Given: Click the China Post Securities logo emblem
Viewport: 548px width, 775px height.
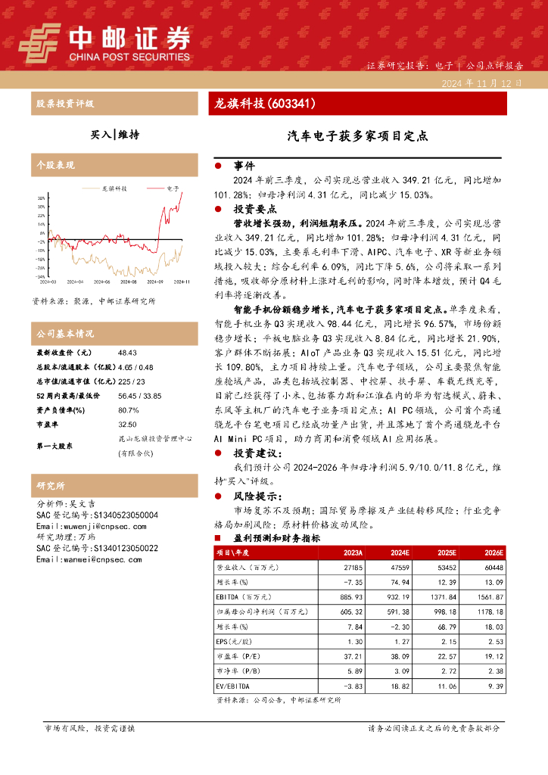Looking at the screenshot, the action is [40, 42].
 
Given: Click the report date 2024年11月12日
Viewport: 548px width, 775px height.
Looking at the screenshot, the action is [481, 83].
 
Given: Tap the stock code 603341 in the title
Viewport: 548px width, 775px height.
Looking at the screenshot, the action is [291, 104].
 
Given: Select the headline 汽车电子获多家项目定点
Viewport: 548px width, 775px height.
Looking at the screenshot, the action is [357, 136].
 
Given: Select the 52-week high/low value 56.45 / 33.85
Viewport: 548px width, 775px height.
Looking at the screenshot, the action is [140, 395].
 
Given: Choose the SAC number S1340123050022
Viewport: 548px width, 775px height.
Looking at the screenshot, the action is [114, 548].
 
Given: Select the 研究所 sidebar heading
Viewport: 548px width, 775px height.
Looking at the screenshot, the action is [51, 485].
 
